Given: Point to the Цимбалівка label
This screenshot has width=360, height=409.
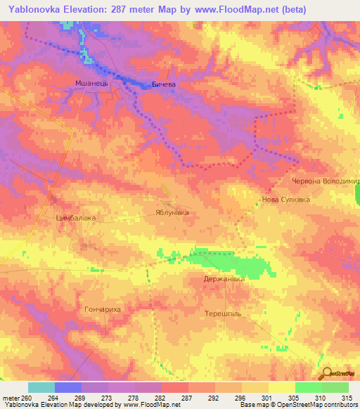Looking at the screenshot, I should [75, 219].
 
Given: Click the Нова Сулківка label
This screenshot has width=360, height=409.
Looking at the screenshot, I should [285, 200].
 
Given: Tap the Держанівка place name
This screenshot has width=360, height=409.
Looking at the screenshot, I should [224, 279].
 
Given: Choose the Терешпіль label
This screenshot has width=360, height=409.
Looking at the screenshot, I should [223, 312].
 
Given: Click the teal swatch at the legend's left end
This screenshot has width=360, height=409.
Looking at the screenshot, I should [41, 387].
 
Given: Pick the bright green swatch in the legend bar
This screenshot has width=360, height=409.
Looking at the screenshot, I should [308, 387].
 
